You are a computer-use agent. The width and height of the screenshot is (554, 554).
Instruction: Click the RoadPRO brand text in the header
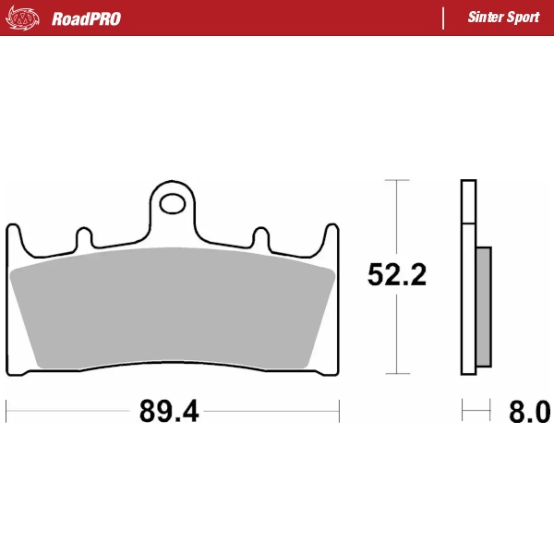[x=86, y=18]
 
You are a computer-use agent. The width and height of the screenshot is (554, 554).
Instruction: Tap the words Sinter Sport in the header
[x=503, y=18]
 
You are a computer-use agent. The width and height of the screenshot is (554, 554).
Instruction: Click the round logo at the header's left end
[x=25, y=18]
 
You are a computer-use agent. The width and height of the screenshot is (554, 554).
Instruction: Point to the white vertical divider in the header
[x=444, y=18]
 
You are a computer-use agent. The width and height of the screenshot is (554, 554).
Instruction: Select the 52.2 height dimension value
[x=397, y=275]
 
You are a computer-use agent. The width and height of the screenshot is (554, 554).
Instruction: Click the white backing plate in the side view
[x=468, y=277]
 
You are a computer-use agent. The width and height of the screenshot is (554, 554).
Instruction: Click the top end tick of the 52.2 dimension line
[x=397, y=180]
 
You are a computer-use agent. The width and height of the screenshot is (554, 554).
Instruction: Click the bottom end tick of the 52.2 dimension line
[x=397, y=374]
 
